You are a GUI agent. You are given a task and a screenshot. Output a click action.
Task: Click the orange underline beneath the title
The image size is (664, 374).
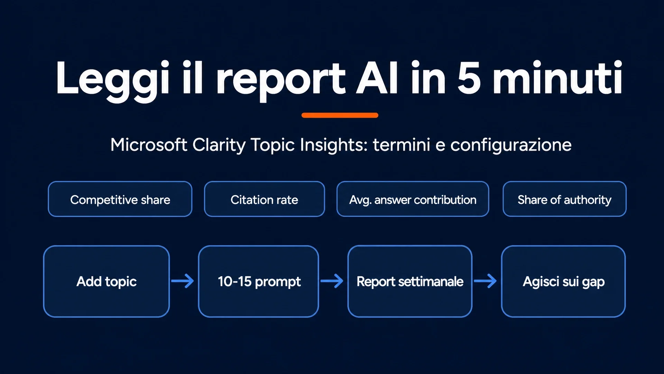[340, 115]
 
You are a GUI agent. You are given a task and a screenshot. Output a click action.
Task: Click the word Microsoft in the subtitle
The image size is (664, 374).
[149, 144]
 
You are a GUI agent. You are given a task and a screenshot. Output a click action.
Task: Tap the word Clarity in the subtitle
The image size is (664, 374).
[219, 145]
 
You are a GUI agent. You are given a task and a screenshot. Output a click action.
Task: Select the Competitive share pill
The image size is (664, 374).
[120, 199]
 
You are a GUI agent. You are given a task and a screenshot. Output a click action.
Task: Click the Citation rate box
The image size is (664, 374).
[264, 199]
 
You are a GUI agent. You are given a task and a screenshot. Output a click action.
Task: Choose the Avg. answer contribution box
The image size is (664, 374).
[413, 199]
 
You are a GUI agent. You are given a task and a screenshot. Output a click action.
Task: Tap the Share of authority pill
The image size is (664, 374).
[564, 199]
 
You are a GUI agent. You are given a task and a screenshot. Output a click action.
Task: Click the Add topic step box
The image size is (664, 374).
[107, 282]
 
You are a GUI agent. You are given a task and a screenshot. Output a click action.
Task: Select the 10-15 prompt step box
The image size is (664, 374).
[259, 282]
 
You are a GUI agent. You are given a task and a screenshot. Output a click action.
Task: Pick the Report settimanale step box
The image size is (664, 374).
[410, 282]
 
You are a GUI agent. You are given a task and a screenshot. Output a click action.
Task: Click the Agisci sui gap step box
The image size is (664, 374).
[563, 282]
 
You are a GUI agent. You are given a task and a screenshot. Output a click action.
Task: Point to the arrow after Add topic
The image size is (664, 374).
[183, 281]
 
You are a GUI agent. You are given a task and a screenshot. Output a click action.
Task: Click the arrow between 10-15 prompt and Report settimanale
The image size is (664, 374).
[332, 281]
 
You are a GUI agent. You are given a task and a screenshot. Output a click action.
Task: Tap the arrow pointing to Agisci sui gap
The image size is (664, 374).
[485, 281]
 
